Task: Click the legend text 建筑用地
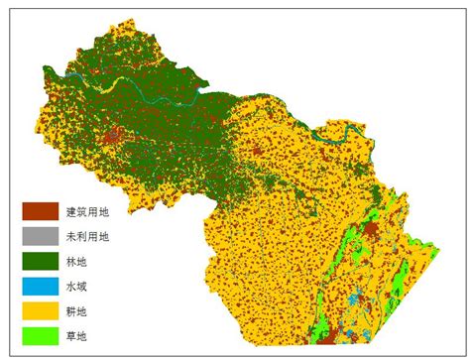[87, 211]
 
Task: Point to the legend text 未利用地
[87, 236]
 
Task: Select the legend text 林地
[77, 262]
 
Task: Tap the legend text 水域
[77, 287]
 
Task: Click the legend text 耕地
[77, 311]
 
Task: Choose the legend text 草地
[77, 336]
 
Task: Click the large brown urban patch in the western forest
[115, 134]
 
